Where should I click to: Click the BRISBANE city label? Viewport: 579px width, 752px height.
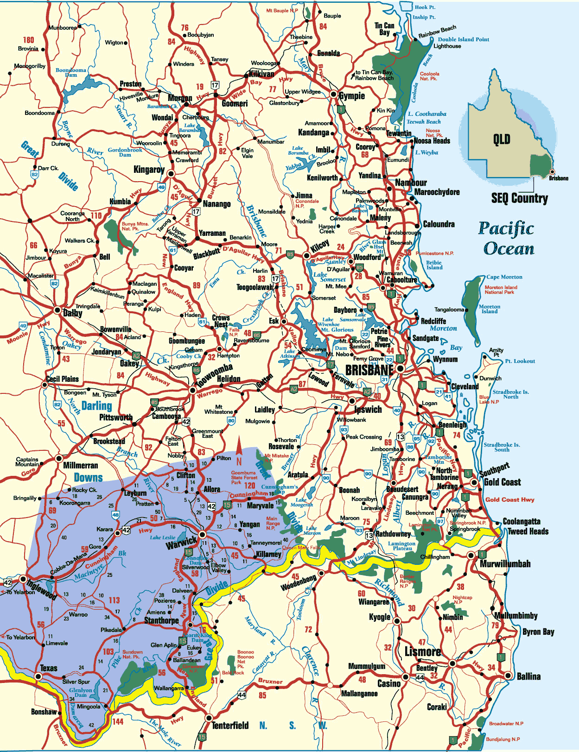pyautogui.click(x=369, y=370)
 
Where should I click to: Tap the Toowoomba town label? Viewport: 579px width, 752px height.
pyautogui.click(x=214, y=376)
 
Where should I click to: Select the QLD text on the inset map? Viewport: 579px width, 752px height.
pyautogui.click(x=502, y=139)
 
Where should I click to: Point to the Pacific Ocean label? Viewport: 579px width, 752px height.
pyautogui.click(x=507, y=238)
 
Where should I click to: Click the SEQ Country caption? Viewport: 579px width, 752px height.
pyautogui.click(x=519, y=198)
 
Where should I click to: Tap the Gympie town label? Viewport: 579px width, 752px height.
pyautogui.click(x=352, y=96)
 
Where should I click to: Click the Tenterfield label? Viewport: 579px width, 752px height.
pyautogui.click(x=230, y=725)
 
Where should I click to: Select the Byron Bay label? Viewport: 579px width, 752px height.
pyautogui.click(x=538, y=632)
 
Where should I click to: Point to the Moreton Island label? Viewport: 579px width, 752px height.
pyautogui.click(x=490, y=309)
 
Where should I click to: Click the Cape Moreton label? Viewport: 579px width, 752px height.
pyautogui.click(x=504, y=277)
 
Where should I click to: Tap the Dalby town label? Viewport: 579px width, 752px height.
pyautogui.click(x=73, y=313)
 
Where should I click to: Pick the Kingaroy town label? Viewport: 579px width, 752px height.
pyautogui.click(x=149, y=170)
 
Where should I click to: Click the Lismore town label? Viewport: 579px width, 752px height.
pyautogui.click(x=422, y=651)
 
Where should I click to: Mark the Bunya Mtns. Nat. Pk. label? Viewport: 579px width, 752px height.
pyautogui.click(x=135, y=226)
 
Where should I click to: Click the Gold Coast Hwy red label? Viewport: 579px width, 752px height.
pyautogui.click(x=510, y=499)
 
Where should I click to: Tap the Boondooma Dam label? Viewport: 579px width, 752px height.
pyautogui.click(x=71, y=72)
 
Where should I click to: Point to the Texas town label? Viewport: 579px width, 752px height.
pyautogui.click(x=49, y=668)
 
